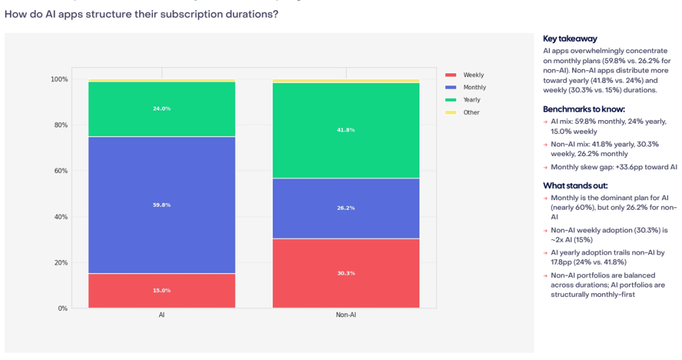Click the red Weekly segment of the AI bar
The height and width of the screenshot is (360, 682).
point(162,291)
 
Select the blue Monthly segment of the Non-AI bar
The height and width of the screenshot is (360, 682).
point(346,208)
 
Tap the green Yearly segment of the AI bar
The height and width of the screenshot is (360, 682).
point(162,109)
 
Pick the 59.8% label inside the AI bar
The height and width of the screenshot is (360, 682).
point(162,205)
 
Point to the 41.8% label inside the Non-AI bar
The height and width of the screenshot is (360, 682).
point(346,130)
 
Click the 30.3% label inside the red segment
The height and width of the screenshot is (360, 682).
point(346,273)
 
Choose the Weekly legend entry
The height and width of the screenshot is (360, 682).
point(465,75)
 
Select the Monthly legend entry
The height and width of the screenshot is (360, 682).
point(465,87)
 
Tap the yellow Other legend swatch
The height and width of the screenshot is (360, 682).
point(451,112)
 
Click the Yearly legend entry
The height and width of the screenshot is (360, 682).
point(463,100)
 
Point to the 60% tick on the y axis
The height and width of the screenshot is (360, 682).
point(61,171)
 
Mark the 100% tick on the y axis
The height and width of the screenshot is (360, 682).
point(59,79)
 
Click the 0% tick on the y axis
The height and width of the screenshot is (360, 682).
point(63,308)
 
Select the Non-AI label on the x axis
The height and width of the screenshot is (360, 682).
point(346,315)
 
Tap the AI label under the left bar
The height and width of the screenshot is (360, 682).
point(162,315)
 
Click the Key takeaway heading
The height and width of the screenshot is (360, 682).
point(570,39)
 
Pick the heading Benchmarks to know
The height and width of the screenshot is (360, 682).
point(583,109)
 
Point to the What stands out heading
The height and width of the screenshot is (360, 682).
point(575,186)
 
